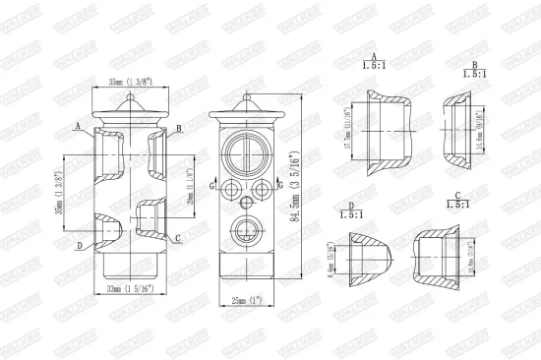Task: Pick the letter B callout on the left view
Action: pos(178,129)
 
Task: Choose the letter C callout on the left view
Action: pos(178,239)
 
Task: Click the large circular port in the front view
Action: pos(242,153)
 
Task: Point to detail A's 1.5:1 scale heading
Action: pos(373,61)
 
